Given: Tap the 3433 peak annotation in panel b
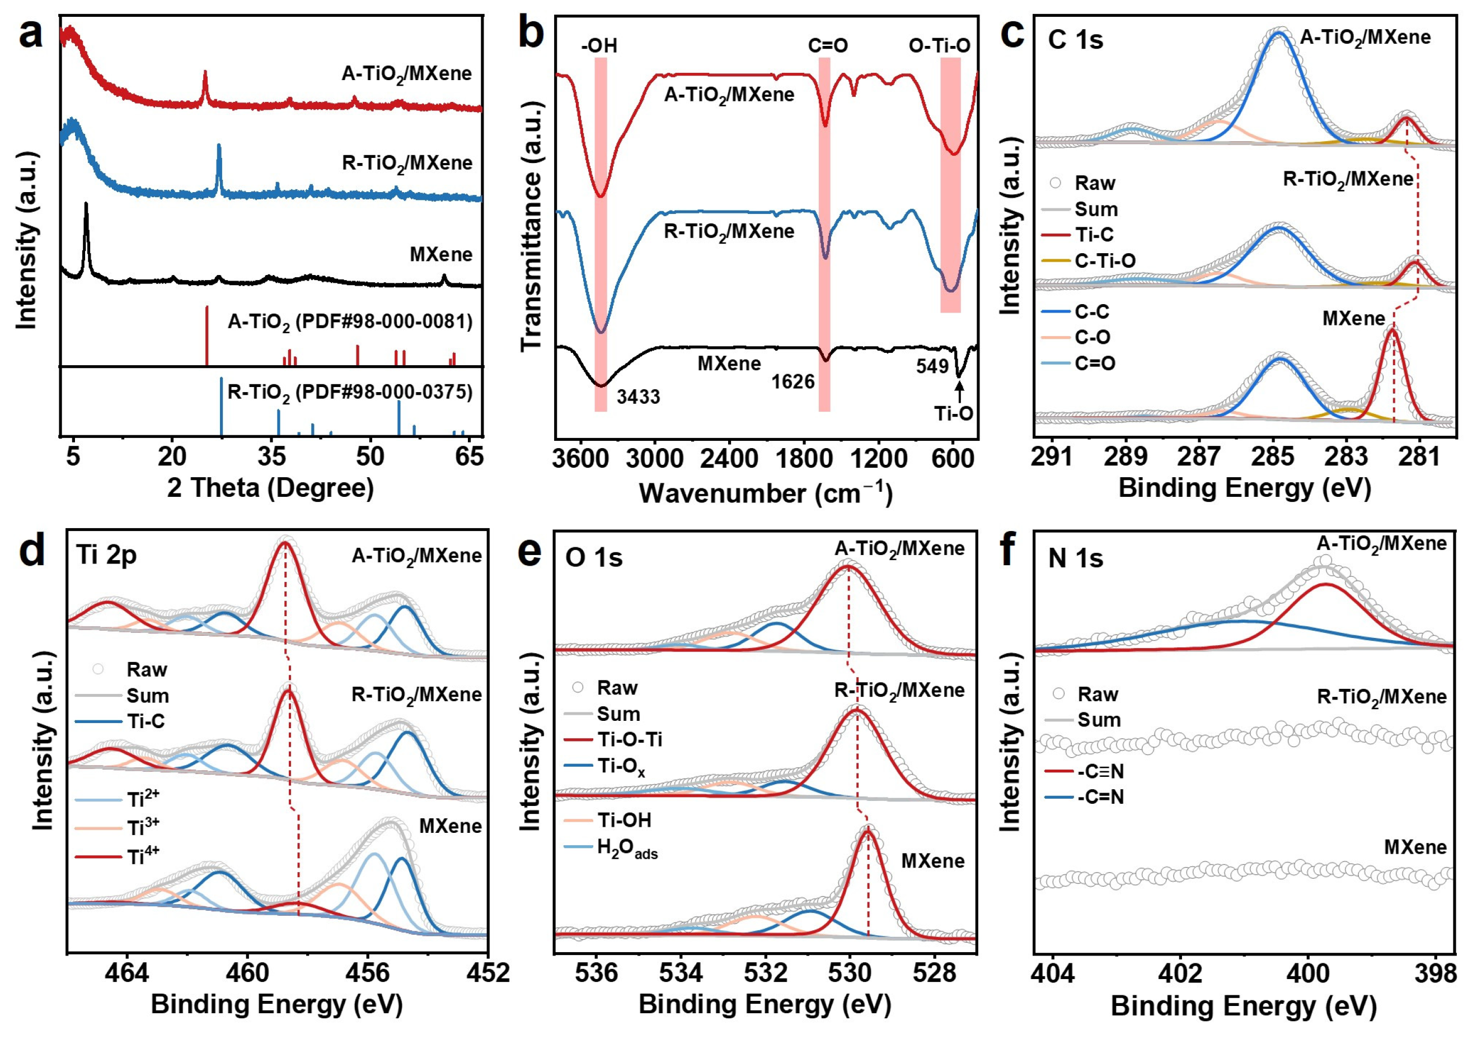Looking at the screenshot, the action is (x=638, y=397).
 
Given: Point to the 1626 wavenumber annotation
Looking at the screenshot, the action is (x=793, y=383).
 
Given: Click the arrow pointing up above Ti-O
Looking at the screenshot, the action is (x=959, y=392).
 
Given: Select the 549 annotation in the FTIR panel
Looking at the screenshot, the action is (x=932, y=366).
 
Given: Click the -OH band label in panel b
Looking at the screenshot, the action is (x=599, y=46).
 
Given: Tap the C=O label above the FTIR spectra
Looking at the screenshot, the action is (x=828, y=46).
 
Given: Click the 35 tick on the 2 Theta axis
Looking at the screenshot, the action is (x=271, y=456).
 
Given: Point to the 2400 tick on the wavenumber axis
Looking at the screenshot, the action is (x=729, y=458).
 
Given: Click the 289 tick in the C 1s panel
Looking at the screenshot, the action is (x=1126, y=456).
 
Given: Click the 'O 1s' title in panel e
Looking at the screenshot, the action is (x=594, y=557).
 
